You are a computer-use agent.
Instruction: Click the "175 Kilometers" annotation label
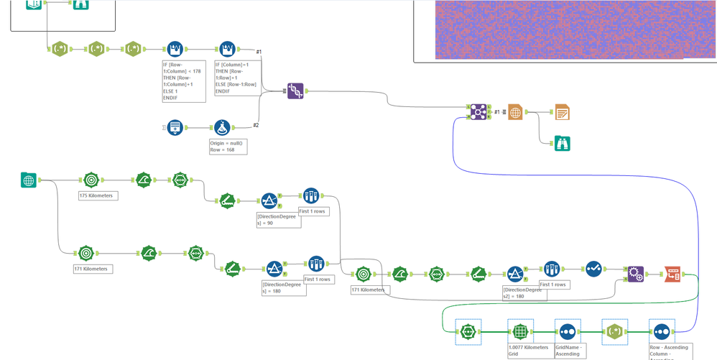pos(98,195)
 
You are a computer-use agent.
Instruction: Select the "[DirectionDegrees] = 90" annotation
pos(278,219)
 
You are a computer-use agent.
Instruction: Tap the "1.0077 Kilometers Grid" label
pos(527,351)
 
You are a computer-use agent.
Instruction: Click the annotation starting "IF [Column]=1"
pos(236,78)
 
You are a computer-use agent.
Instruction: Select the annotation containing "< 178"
pos(184,80)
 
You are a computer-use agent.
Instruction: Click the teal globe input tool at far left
pos(29,180)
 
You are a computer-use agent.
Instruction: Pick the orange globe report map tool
pos(515,112)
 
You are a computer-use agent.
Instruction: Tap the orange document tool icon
pos(562,112)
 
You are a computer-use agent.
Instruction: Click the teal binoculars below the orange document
pos(562,143)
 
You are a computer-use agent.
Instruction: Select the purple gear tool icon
pos(635,274)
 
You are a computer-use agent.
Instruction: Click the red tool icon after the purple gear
pos(672,274)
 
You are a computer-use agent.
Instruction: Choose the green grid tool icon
pos(519,332)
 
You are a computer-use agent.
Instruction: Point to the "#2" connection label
pos(256,125)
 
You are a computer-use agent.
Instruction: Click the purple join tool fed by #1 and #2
pos(295,91)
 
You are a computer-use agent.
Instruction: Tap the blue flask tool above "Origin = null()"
pos(222,128)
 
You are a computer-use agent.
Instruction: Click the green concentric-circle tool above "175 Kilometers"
pos(91,180)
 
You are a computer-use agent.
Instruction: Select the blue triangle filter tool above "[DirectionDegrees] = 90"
pos(269,201)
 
